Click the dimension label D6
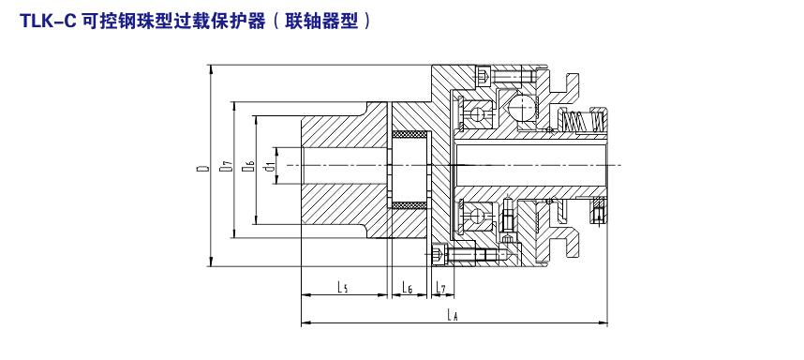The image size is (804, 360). tap(248, 166)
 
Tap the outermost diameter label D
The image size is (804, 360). tap(203, 167)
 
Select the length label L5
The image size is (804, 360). tap(343, 288)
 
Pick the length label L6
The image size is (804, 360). tap(408, 288)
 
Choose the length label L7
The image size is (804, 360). tap(441, 288)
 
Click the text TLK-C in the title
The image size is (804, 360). tap(47, 21)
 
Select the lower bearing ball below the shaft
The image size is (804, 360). tap(478, 215)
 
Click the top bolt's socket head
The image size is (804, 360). tap(484, 77)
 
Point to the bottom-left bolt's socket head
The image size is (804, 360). tap(439, 253)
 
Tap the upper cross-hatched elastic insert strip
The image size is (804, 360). tap(409, 134)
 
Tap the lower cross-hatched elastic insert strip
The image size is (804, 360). tap(409, 205)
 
